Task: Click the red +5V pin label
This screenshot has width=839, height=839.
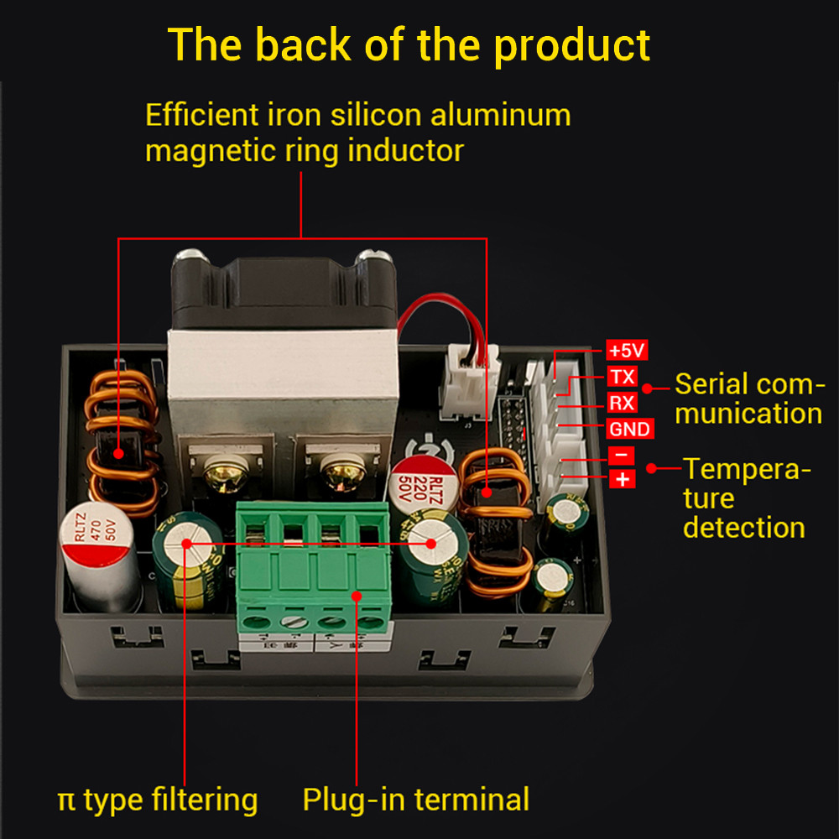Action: point(627,351)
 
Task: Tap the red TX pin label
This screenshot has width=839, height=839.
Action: point(623,377)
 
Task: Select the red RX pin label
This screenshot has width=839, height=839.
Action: point(623,403)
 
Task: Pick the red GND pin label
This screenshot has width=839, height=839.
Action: point(629,429)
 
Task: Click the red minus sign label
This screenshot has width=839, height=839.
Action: point(622,455)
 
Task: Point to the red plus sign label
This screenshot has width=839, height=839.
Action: point(622,479)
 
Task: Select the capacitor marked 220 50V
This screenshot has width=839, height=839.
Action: point(424,487)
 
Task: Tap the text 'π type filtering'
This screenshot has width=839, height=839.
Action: point(158,799)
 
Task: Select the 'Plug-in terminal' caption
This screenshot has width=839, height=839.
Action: point(415,799)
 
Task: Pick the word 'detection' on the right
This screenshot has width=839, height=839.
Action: point(743,527)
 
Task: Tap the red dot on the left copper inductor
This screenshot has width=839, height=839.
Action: point(119,453)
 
